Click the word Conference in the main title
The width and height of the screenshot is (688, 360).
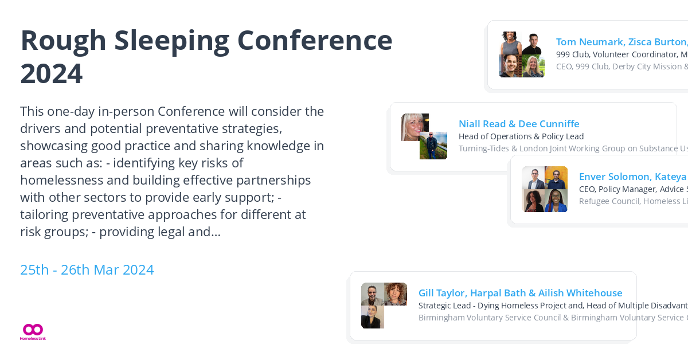(315, 40)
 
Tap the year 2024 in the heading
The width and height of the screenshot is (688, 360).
(52, 73)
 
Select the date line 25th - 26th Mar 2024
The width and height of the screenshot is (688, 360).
(87, 269)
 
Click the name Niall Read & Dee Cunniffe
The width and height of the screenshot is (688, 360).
(519, 124)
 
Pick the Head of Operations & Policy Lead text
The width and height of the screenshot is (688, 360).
(521, 136)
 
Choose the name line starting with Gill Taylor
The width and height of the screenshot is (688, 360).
(520, 293)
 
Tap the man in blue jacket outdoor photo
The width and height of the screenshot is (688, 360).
(433, 146)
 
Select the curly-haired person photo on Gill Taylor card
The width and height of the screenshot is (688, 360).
(396, 294)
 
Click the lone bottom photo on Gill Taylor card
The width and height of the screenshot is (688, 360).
(373, 317)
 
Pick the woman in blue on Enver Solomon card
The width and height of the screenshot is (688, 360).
(556, 201)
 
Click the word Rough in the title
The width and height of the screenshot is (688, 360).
(63, 40)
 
